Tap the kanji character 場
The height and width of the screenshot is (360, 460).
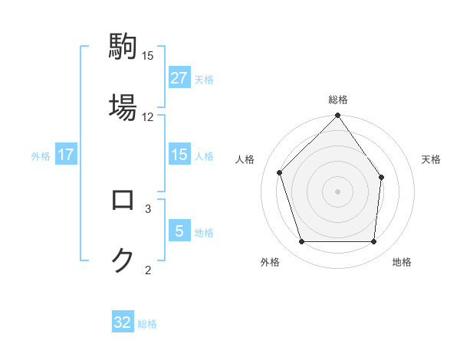click(123, 106)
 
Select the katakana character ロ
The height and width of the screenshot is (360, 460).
click(123, 200)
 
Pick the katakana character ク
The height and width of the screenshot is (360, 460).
click(123, 260)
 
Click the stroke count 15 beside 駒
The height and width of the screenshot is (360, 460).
click(148, 56)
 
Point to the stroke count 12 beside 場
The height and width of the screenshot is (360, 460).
click(148, 116)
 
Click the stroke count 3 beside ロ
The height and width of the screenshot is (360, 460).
click(148, 208)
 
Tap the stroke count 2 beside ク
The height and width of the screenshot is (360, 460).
click(148, 269)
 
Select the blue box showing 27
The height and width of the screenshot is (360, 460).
click(179, 78)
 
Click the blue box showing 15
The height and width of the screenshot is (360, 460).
click(179, 155)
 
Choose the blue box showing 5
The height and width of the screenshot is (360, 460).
click(179, 231)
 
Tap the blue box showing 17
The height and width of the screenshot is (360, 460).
click(66, 155)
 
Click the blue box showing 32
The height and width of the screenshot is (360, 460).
click(123, 322)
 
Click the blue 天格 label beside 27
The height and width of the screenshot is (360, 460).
click(204, 79)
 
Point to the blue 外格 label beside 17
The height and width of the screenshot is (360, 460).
click(41, 155)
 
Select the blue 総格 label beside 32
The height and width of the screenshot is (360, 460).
click(147, 323)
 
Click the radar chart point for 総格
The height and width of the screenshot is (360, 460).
click(337, 116)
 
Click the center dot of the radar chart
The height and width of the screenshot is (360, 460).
click(337, 191)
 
